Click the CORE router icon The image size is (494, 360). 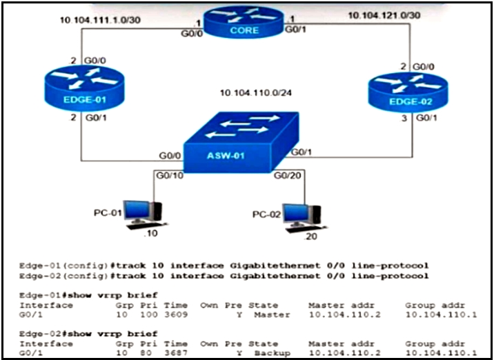tap(244, 22)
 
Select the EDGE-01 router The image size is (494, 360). tap(84, 88)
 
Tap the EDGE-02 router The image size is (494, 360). tap(408, 92)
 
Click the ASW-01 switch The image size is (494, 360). tap(241, 142)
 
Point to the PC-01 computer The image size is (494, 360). tap(144, 214)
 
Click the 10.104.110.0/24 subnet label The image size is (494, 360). tap(255, 93)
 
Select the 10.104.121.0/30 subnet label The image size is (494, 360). tap(384, 15)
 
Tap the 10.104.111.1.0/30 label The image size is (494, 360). tap(100, 20)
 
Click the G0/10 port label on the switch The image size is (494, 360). tap(170, 175)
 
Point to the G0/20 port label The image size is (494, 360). tap(287, 175)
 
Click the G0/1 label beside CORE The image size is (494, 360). tap(295, 30)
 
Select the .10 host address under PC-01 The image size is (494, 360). tap(150, 233)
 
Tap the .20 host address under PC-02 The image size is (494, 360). tap(310, 237)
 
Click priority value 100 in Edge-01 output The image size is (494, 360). tap(149, 314)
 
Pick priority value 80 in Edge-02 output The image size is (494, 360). tap(146, 352)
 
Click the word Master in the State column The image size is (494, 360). tap(273, 314)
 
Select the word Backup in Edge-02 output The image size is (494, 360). tap(273, 352)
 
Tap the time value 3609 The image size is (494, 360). tap(176, 314)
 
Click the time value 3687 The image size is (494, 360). tap(176, 352)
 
